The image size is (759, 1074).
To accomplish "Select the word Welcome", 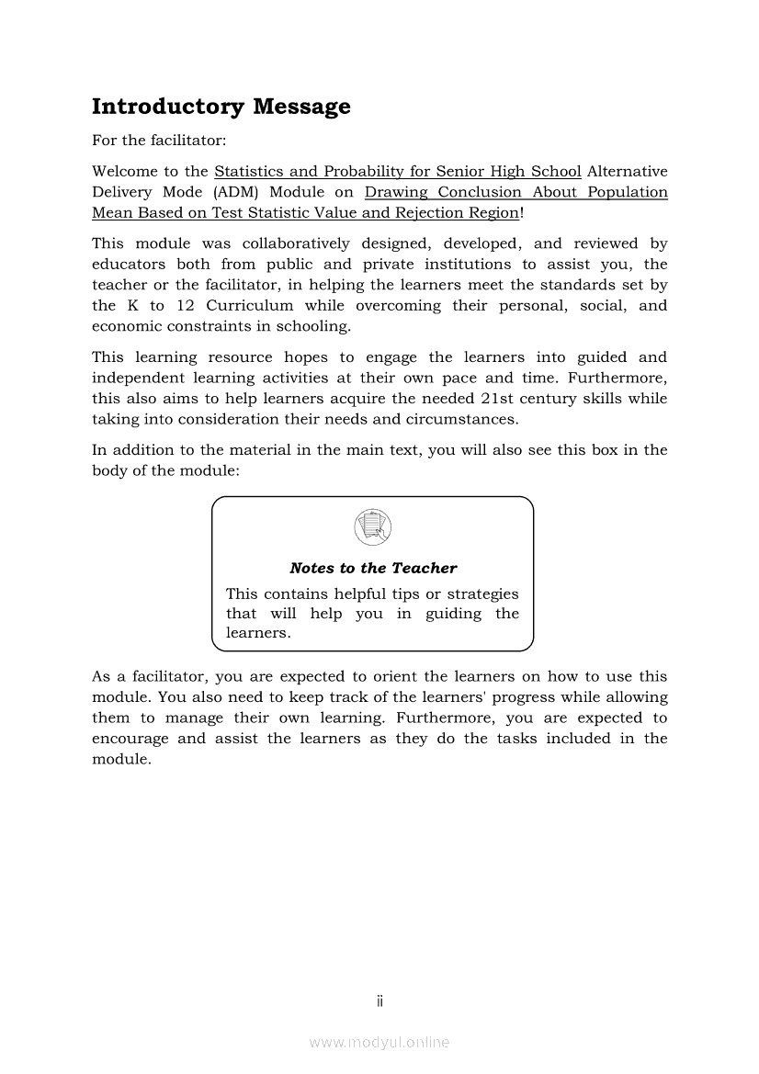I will pos(123,171).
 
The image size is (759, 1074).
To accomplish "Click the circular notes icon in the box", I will pos(372,527).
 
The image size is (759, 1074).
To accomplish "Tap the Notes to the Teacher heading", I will pos(372,568).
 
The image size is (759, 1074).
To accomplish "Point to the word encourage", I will pos(130,739).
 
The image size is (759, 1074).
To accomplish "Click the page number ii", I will pos(379,1001).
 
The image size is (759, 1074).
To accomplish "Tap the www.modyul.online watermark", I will pos(379,1042).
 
